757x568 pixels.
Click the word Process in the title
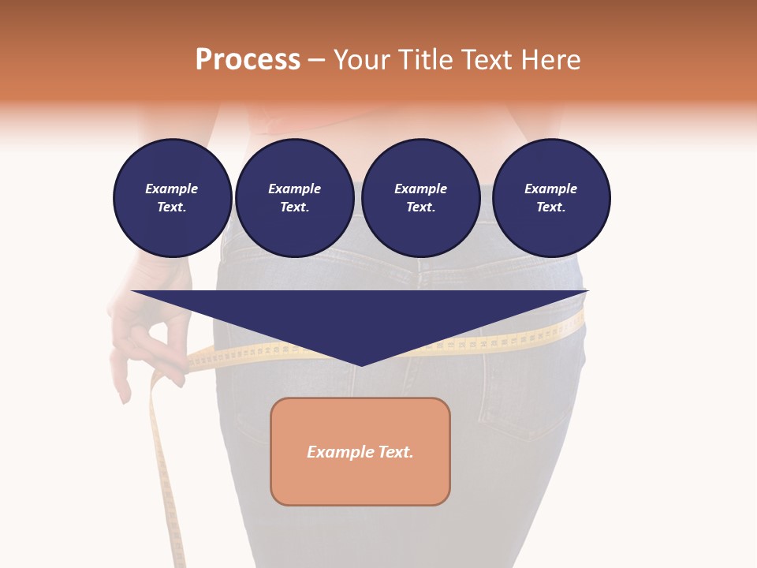pyautogui.click(x=248, y=60)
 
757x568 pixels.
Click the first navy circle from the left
pyautogui.click(x=172, y=198)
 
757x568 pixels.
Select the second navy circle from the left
pyautogui.click(x=294, y=198)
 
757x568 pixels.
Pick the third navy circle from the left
pyautogui.click(x=420, y=198)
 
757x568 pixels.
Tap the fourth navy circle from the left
pyautogui.click(x=550, y=198)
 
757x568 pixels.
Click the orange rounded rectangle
pyautogui.click(x=360, y=473)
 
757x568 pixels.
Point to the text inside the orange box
pyautogui.click(x=360, y=452)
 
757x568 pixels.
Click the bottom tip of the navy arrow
pyautogui.click(x=360, y=364)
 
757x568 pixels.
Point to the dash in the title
pyautogui.click(x=316, y=60)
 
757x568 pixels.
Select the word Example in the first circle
pyautogui.click(x=172, y=189)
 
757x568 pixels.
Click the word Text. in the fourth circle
pyautogui.click(x=550, y=207)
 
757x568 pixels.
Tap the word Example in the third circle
pyautogui.click(x=420, y=189)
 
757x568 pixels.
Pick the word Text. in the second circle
pyautogui.click(x=294, y=207)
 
